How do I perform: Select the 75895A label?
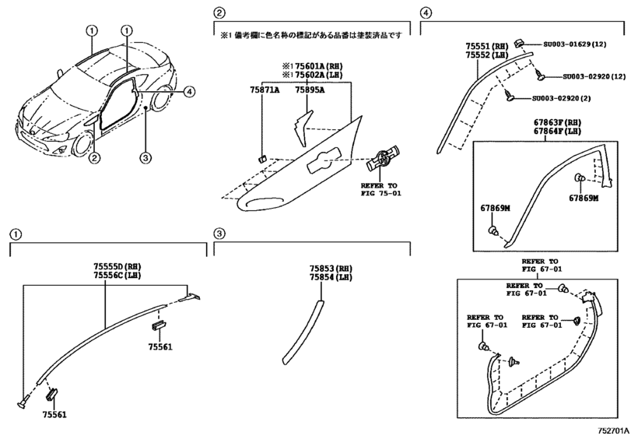point(310,90)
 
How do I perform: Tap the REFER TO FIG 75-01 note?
point(382,190)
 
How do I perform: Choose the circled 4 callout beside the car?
point(189,92)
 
